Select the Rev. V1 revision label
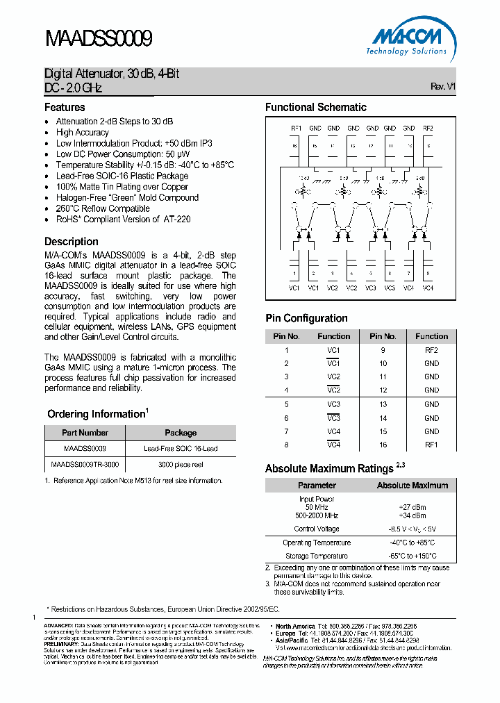tap(442, 87)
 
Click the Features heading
tap(65, 108)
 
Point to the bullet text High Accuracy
tap(83, 133)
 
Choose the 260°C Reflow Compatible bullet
tap(103, 208)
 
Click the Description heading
tap(72, 242)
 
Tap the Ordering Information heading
tap(96, 414)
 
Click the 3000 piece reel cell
tap(181, 464)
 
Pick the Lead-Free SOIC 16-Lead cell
tap(181, 449)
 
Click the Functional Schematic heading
tap(316, 108)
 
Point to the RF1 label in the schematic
tap(296, 129)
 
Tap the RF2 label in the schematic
tap(428, 129)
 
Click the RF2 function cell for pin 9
tap(431, 350)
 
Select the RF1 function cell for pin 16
tap(431, 445)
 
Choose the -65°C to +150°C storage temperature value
tap(412, 556)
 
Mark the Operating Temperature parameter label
tap(317, 543)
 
